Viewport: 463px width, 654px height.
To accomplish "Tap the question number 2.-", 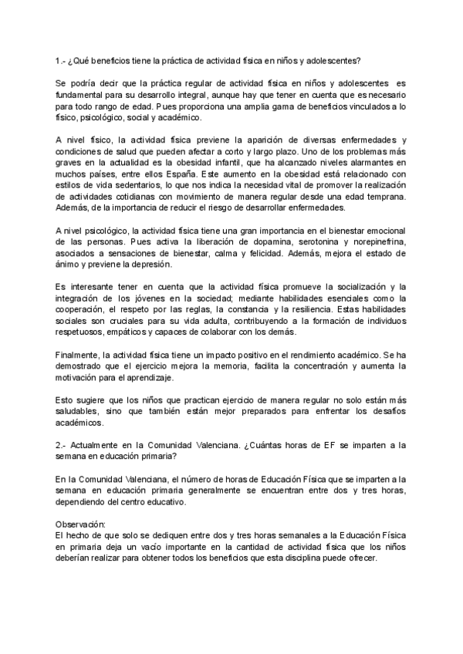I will coord(63,445).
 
